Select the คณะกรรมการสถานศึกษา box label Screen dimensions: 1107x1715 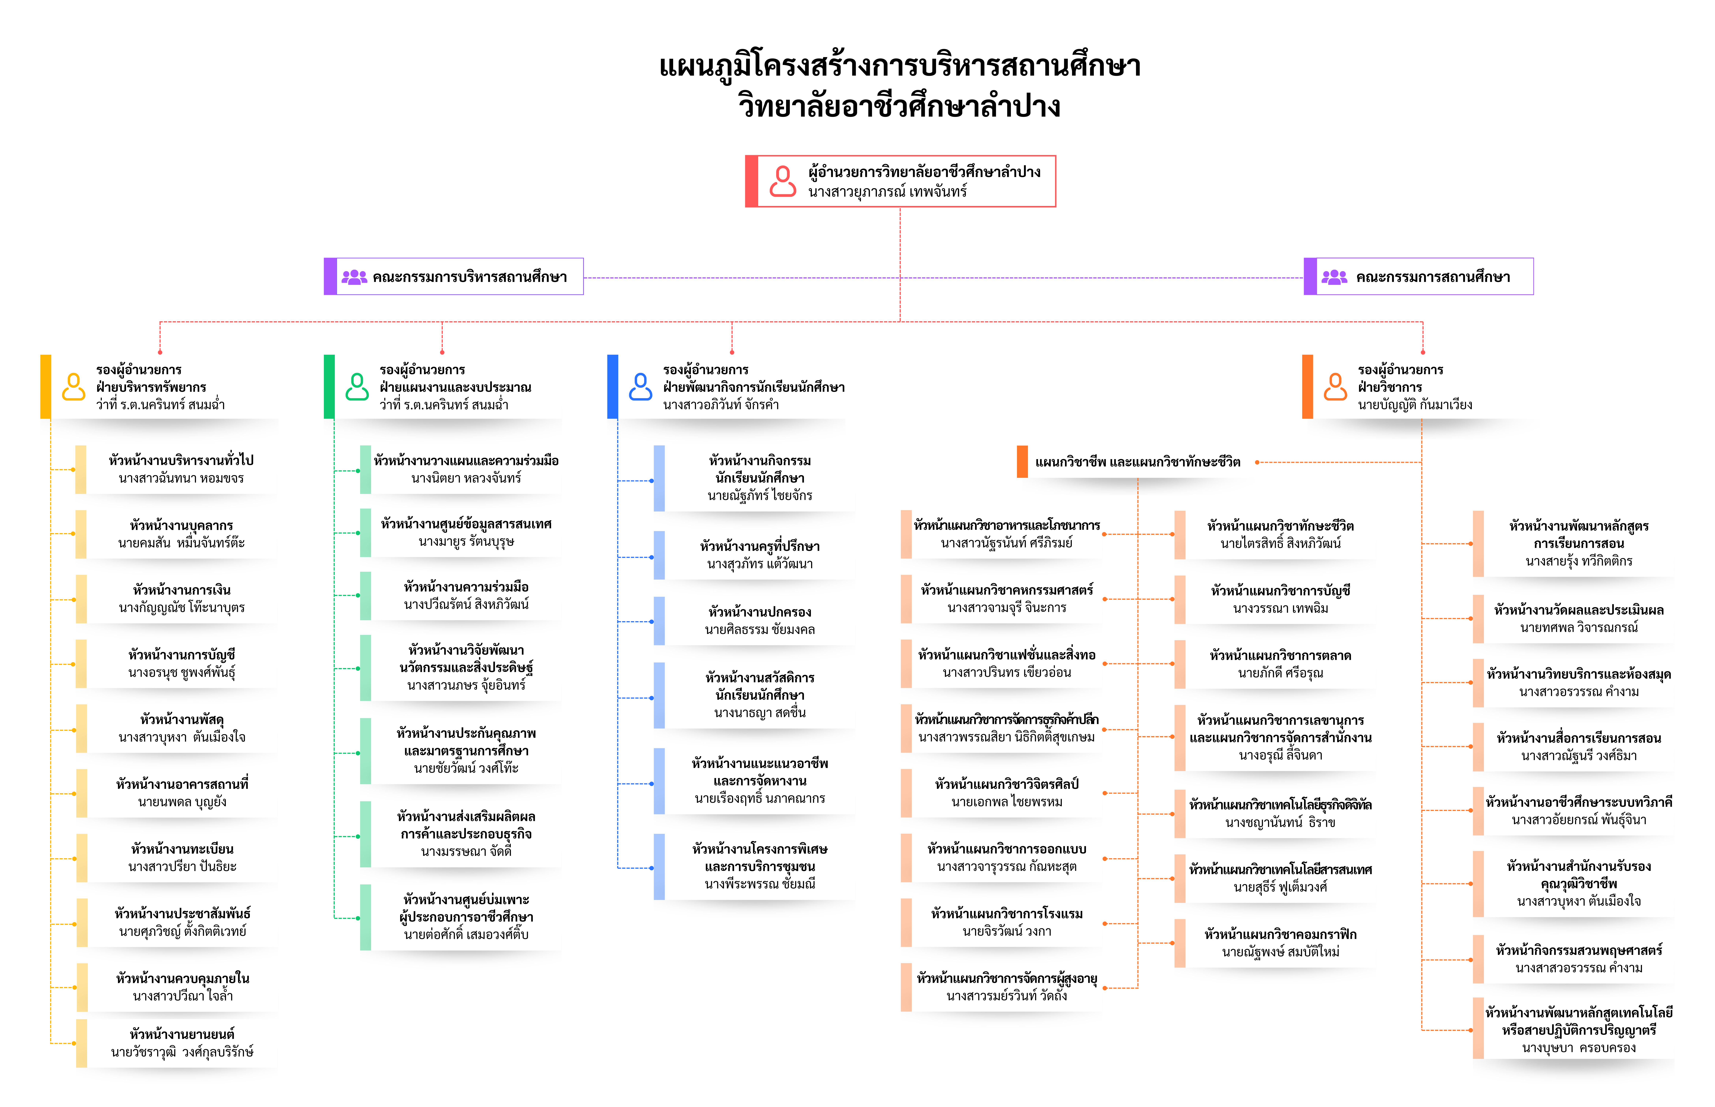point(1433,277)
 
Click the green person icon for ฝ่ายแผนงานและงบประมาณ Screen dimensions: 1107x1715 point(357,387)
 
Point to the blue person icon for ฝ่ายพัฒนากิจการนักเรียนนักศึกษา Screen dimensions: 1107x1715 point(640,387)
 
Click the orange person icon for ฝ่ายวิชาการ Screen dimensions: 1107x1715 point(1335,387)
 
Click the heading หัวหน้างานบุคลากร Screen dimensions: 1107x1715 point(182,525)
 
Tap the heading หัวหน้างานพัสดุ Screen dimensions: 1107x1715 point(182,720)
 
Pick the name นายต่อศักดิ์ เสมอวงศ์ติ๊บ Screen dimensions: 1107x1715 point(466,935)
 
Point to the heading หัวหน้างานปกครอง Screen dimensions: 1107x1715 point(760,612)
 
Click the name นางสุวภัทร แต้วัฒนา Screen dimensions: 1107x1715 point(760,564)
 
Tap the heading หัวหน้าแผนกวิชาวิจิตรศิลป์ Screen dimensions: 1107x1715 point(1007,784)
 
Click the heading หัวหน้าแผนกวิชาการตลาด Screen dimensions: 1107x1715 point(1280,656)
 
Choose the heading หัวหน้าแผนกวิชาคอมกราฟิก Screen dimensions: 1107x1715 point(1280,935)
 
